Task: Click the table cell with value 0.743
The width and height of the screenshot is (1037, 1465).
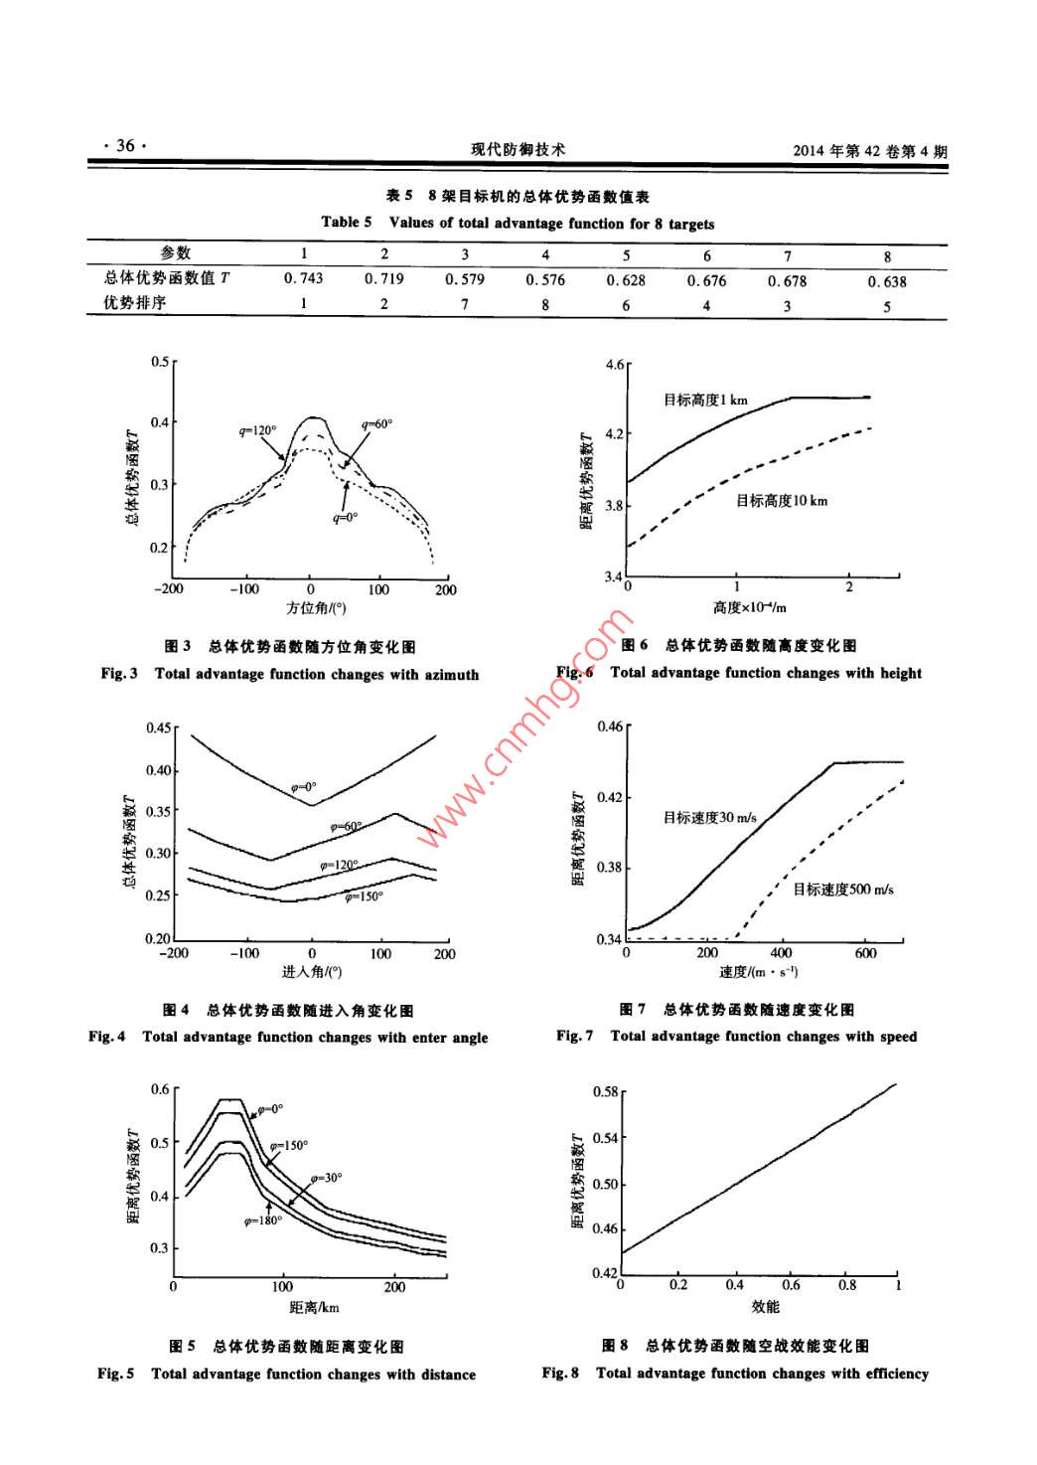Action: tap(304, 279)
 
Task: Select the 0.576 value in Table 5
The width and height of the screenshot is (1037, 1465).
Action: tap(545, 280)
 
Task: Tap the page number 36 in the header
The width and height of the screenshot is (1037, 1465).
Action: tap(124, 146)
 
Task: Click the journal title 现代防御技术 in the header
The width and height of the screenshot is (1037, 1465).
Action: tap(518, 150)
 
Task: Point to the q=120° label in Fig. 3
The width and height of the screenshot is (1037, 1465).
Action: tap(257, 430)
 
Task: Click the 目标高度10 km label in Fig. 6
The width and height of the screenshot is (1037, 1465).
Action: tap(781, 500)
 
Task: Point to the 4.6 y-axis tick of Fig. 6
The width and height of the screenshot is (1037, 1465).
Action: tap(613, 366)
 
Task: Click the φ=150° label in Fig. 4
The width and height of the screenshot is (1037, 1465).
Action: tap(364, 896)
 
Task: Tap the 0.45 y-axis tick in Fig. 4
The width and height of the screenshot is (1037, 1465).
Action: tap(157, 728)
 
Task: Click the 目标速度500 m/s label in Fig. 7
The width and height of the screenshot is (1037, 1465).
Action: tap(842, 889)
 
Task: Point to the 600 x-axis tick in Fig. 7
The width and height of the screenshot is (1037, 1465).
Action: tap(865, 953)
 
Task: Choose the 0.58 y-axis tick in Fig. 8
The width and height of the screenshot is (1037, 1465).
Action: tap(604, 1091)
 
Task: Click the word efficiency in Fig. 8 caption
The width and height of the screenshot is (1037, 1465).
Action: tap(880, 1374)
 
